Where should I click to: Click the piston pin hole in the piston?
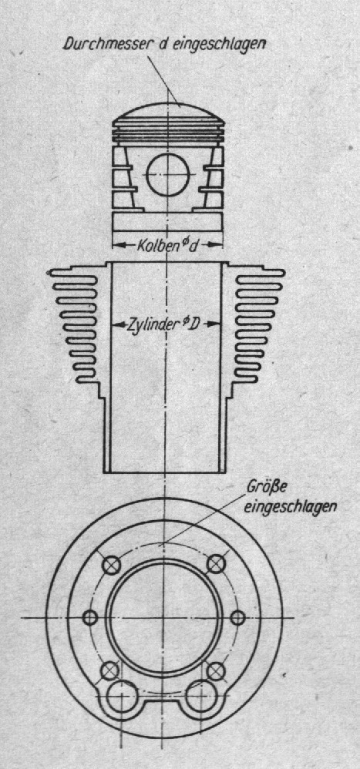pyautogui.click(x=168, y=175)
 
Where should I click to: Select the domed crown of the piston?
pyautogui.click(x=168, y=112)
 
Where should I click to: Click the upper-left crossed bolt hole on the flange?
pyautogui.click(x=112, y=565)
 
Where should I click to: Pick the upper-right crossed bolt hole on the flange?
pyautogui.click(x=216, y=565)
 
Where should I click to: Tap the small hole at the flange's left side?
pyautogui.click(x=90, y=617)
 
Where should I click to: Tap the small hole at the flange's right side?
pyautogui.click(x=237, y=617)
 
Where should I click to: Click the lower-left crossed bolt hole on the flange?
pyautogui.click(x=110, y=670)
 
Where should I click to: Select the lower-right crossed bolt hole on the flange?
pyautogui.click(x=216, y=670)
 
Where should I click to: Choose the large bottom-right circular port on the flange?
pyautogui.click(x=202, y=697)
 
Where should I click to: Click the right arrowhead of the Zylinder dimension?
pyautogui.click(x=212, y=324)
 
